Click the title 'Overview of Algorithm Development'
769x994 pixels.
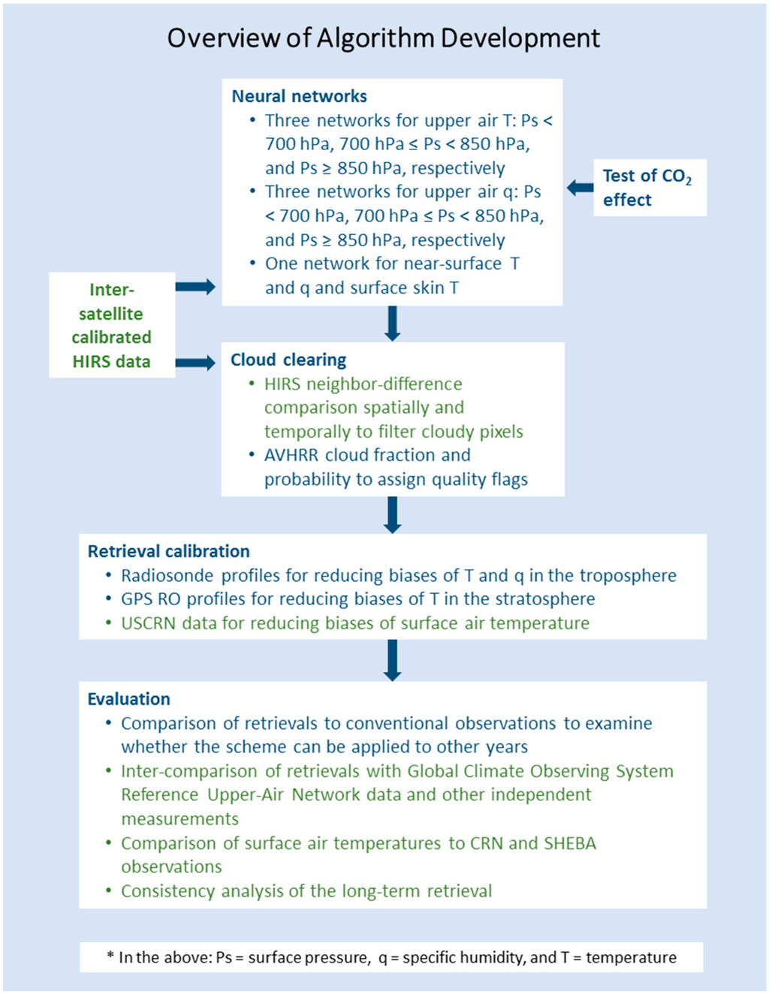coord(383,38)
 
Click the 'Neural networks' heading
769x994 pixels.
coord(299,96)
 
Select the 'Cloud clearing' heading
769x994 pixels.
coord(288,360)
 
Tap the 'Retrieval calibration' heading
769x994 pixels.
coord(168,551)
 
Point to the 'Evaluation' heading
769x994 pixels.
coord(128,699)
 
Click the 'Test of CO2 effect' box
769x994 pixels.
coord(649,188)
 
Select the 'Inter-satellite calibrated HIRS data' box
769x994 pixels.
coord(112,325)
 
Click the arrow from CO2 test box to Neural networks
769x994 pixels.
coord(579,188)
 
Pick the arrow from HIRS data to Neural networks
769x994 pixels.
coord(195,286)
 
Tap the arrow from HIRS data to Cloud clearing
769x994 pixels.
coord(195,363)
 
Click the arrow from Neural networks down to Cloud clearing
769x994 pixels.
coord(392,324)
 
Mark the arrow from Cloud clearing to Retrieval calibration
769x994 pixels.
coord(392,515)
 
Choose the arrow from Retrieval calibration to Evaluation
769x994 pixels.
coord(392,661)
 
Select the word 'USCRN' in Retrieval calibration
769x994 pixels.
coord(148,623)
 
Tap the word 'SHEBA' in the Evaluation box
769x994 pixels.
coord(570,843)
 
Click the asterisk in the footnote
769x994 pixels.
coord(110,956)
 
